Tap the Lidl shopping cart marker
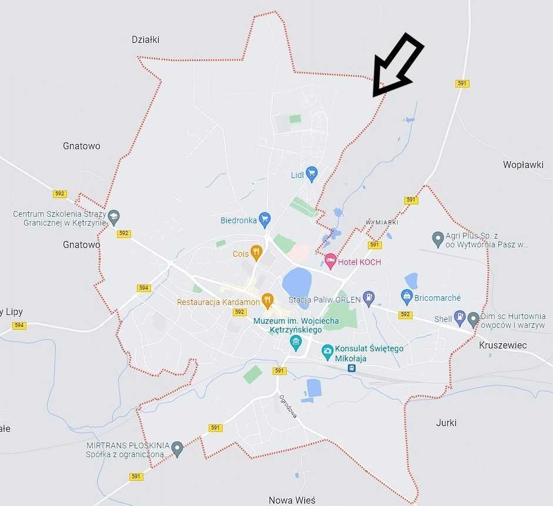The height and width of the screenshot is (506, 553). [311, 173]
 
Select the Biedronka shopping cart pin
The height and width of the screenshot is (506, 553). [264, 219]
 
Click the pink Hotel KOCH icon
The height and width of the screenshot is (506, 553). [330, 260]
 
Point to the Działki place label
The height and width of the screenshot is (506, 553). [145, 39]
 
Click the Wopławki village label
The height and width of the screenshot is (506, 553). [523, 165]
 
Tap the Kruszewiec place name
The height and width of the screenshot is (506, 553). [502, 345]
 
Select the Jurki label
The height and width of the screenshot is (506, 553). [446, 423]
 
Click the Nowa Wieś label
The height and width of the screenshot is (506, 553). [291, 500]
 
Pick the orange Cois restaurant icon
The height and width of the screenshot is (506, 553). [256, 252]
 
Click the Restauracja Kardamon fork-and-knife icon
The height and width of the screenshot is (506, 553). [267, 300]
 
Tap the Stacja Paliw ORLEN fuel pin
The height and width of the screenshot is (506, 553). [368, 297]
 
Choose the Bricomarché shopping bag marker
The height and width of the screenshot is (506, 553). [406, 296]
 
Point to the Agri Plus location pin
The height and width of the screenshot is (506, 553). [437, 238]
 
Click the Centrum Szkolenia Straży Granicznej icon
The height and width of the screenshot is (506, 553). [113, 216]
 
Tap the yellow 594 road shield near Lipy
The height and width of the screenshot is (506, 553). [19, 325]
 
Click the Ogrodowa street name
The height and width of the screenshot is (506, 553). [288, 406]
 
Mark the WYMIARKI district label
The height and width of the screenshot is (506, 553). [382, 222]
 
